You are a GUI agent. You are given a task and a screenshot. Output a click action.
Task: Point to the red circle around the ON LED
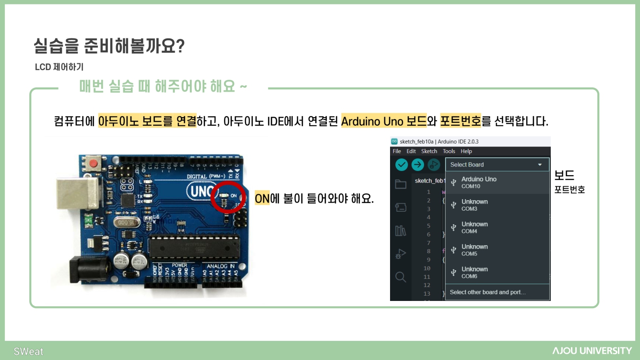228,197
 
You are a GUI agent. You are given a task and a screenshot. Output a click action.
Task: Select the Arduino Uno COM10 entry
497,182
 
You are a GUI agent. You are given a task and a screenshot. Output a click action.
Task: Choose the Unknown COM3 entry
497,205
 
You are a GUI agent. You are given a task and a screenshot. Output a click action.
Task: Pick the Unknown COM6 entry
497,273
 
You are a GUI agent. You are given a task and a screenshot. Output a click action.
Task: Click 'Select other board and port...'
487,292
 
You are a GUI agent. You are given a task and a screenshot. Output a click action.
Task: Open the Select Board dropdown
497,165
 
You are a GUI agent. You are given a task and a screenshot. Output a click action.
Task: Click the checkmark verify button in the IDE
402,165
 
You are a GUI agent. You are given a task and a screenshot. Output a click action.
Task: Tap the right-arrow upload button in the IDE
418,165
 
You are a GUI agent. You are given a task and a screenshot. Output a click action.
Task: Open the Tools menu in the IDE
449,151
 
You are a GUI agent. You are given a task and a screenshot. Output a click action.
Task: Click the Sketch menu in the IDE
429,151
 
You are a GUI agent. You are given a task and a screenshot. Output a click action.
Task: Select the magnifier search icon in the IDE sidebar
401,277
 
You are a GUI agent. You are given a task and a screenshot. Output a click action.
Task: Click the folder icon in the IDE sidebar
401,184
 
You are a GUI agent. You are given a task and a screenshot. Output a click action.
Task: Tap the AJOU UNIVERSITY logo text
592,351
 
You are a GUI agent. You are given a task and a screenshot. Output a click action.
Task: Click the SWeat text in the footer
28,351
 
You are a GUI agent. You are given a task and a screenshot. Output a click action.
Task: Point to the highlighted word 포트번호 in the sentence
460,121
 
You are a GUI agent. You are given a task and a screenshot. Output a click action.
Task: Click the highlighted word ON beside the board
262,198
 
